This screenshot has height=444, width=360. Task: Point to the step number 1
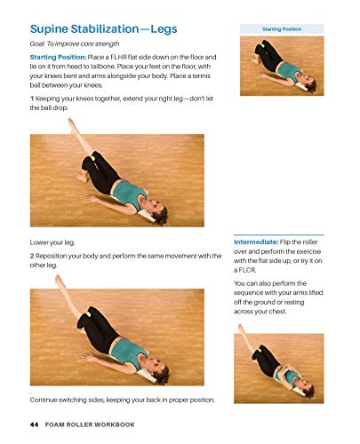click(x=32, y=95)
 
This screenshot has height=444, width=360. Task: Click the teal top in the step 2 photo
click(x=125, y=351)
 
